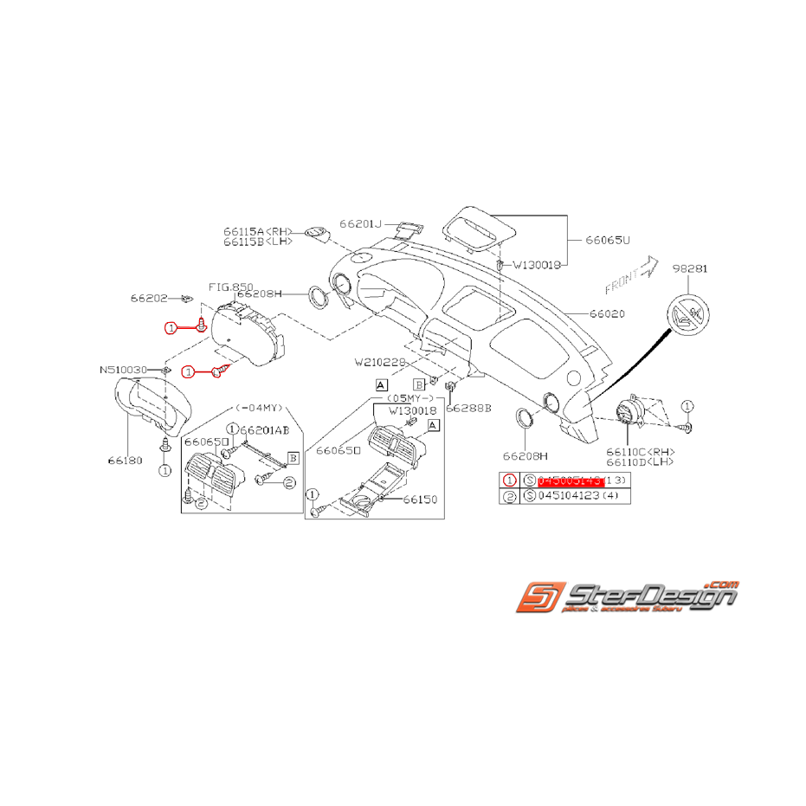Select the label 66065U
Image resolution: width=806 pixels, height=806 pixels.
(608, 239)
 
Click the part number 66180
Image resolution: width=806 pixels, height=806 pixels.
(125, 461)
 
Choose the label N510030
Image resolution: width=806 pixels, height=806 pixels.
(124, 370)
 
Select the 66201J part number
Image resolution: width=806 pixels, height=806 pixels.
(360, 223)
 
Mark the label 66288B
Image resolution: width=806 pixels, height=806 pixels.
(468, 407)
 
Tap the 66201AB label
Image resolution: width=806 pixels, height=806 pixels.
(264, 429)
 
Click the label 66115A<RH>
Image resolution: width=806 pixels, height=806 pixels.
(258, 231)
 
